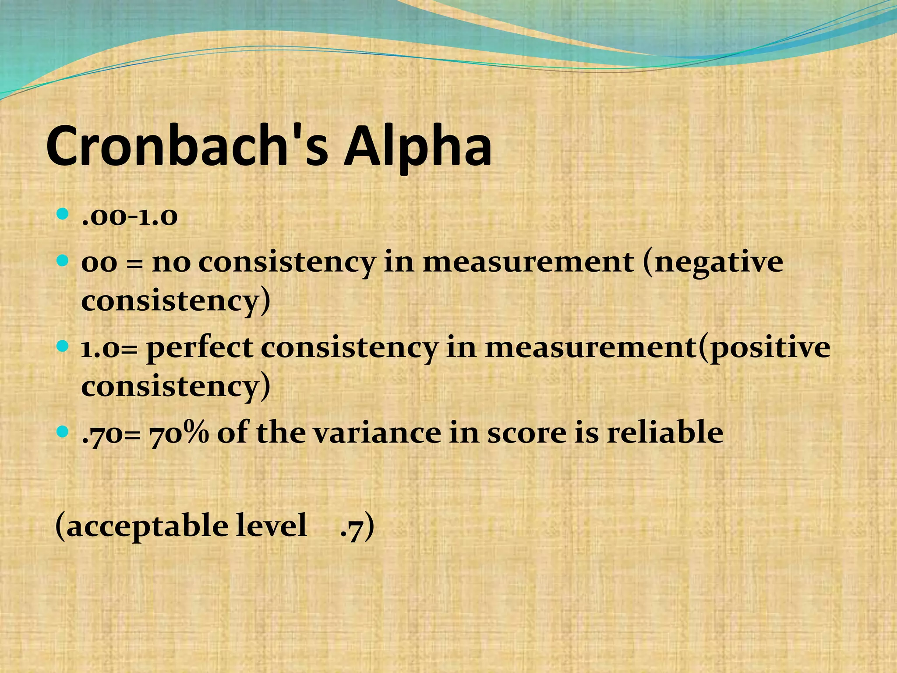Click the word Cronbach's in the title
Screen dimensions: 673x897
(187, 145)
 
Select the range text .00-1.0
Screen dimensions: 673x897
(130, 216)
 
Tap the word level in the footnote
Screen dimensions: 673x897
(271, 526)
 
